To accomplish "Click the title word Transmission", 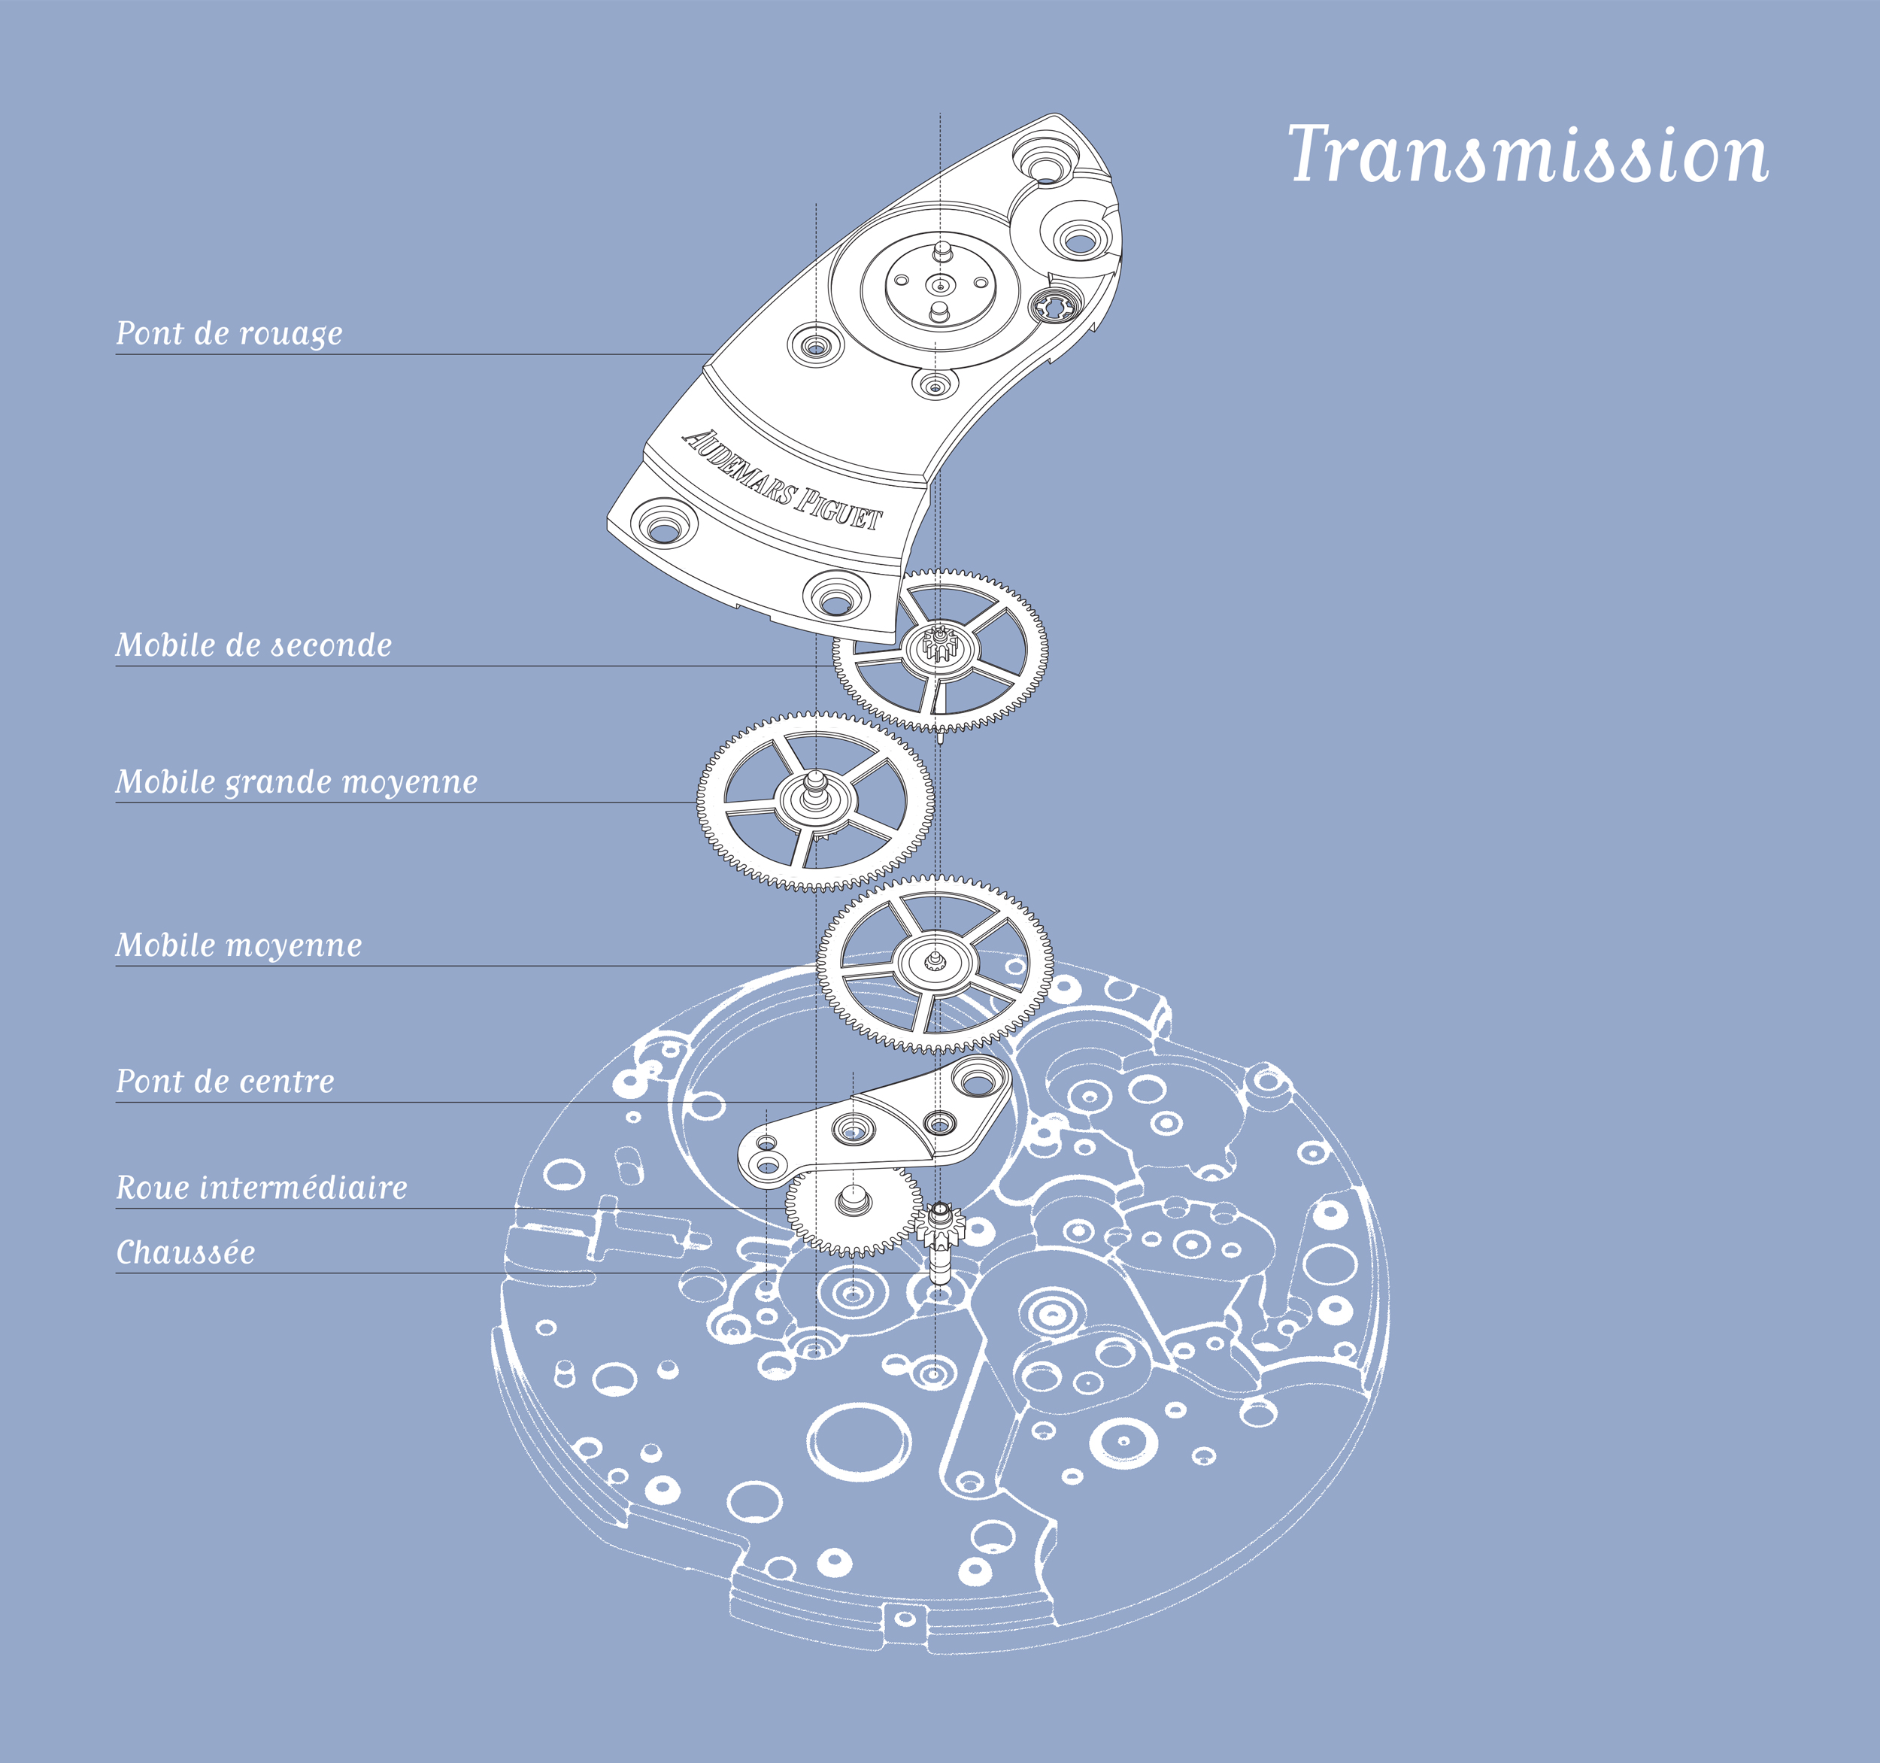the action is (1528, 153).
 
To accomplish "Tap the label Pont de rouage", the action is (229, 333).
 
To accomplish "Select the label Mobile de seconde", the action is (253, 645).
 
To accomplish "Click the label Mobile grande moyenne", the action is (296, 782).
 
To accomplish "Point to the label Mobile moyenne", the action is (238, 945).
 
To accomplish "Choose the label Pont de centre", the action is (225, 1081).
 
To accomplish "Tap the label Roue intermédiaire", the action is (261, 1187).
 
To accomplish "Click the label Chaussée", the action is (185, 1252).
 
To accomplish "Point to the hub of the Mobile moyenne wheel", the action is (934, 962).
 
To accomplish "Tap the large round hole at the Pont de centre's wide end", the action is (980, 1077).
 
